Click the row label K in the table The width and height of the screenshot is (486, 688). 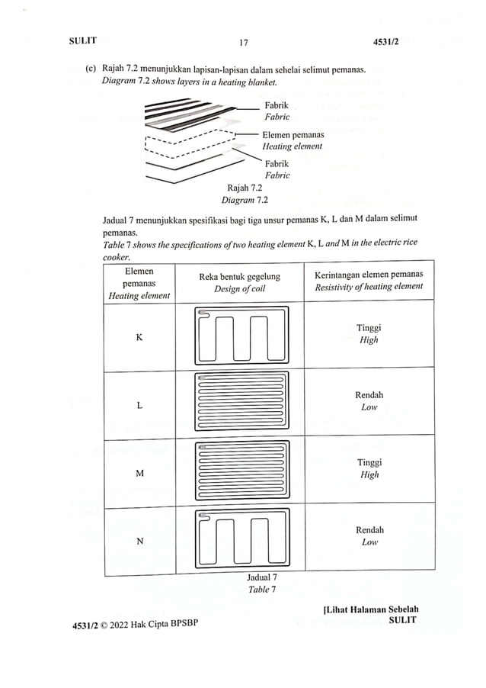point(139,336)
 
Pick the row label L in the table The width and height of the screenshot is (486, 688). point(139,405)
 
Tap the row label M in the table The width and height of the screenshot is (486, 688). point(139,474)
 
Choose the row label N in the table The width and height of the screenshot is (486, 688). point(139,542)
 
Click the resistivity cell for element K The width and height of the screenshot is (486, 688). point(369,334)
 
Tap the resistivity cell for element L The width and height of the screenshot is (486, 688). point(369,401)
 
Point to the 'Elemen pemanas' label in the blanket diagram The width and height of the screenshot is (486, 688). point(293,135)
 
